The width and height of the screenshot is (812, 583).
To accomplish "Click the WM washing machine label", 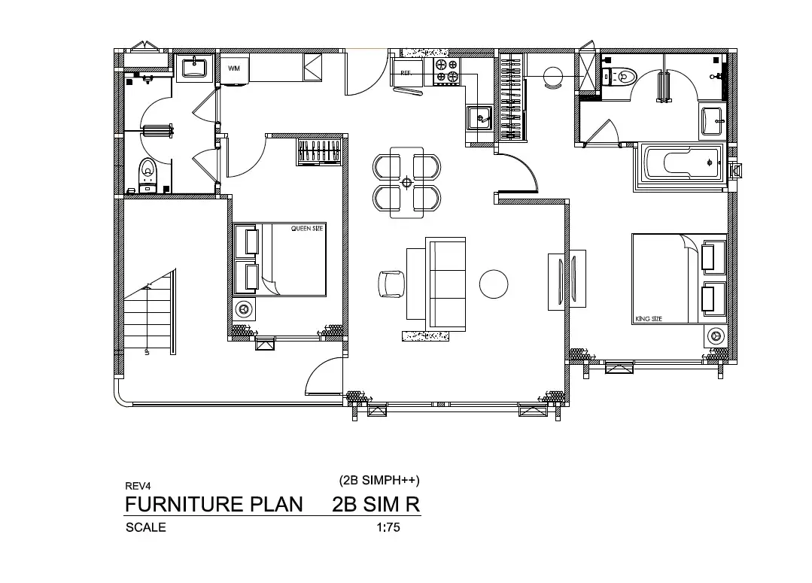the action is [234, 68].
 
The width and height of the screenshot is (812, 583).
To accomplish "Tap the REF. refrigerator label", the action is [406, 73].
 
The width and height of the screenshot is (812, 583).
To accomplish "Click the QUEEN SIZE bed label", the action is [307, 229].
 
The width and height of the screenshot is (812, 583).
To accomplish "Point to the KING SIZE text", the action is [649, 319].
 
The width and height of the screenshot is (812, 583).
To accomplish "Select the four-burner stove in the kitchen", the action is [447, 71].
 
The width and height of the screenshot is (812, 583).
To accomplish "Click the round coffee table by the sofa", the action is [494, 284].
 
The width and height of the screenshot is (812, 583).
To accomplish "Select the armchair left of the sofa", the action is [392, 284].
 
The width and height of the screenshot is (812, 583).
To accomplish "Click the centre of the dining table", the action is [406, 182].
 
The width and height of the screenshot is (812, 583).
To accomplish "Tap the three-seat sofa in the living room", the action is [446, 284].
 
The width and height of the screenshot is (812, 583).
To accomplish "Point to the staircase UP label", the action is [147, 352].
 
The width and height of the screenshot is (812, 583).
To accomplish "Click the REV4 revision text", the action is [138, 486].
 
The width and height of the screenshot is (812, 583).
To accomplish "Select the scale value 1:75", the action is [388, 527].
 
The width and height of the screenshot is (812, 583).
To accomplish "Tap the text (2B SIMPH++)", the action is [379, 481].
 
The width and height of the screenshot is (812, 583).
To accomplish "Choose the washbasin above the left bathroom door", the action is [194, 68].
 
